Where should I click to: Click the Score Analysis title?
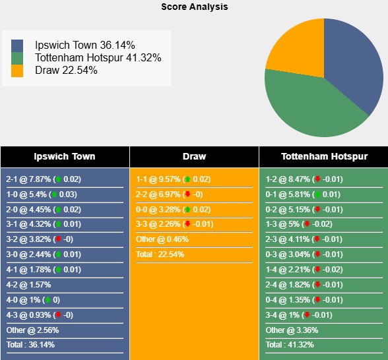[x=194, y=7]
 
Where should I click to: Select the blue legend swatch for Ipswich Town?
[x=17, y=45]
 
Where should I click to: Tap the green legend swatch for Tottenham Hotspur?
[x=17, y=58]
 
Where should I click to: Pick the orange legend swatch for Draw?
[x=17, y=71]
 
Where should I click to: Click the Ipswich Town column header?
[x=65, y=156]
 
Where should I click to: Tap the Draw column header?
[x=194, y=156]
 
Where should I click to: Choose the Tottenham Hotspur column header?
[x=323, y=156]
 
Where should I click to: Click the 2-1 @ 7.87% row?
[x=44, y=179]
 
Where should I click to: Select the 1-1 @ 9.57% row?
[x=173, y=179]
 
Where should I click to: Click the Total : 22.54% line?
[x=160, y=255]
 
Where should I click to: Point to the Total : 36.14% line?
[x=30, y=345]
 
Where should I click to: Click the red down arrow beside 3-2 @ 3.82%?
[x=57, y=239]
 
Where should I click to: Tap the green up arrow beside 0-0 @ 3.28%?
[x=187, y=210]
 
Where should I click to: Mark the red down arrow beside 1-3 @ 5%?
[x=307, y=224]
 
